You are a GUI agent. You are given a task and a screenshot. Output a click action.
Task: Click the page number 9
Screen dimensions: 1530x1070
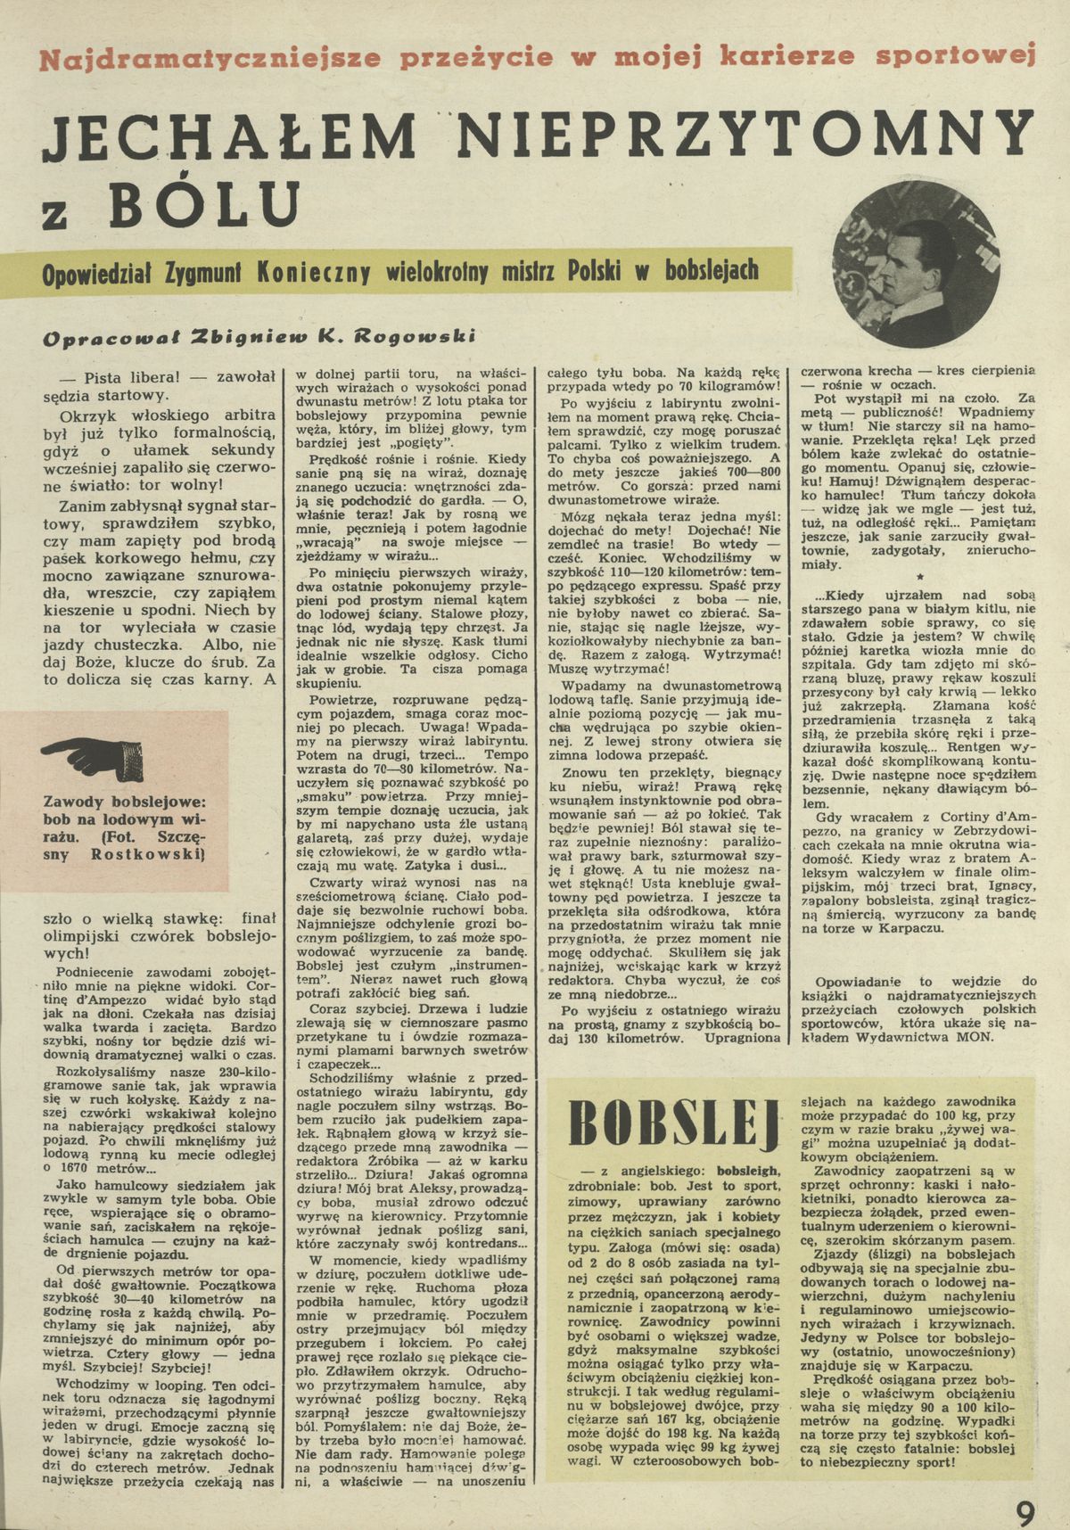1026,1490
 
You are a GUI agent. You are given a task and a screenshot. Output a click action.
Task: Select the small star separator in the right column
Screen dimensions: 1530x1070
919,577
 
